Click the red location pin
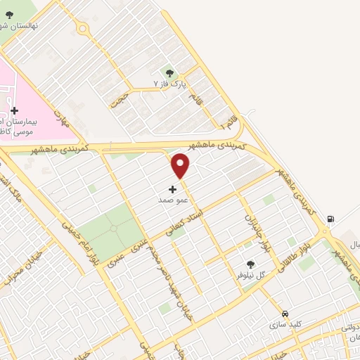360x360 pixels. [181, 166]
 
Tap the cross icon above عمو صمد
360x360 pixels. [173, 189]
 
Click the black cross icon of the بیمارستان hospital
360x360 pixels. [15, 110]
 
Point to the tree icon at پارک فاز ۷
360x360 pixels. [169, 72]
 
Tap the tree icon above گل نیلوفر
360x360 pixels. [251, 264]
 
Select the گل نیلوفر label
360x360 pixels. [251, 275]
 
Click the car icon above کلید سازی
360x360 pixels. [285, 314]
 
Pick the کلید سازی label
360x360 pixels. [285, 325]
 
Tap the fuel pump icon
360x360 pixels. [330, 219]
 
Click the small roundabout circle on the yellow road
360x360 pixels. [84, 30]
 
